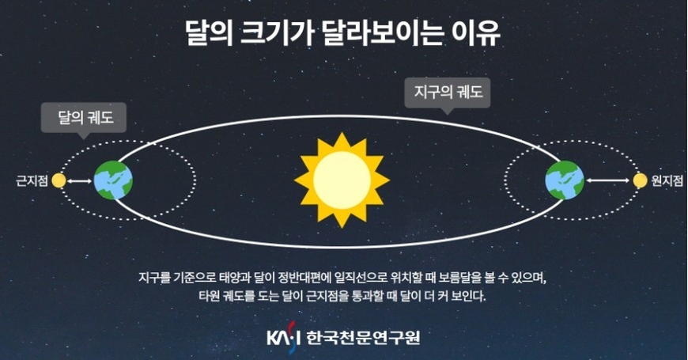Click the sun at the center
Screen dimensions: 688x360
(x=342, y=180)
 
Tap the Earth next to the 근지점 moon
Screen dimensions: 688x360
(x=113, y=180)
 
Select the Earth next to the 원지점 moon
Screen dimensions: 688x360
(x=565, y=180)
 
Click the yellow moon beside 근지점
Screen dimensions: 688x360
(x=59, y=180)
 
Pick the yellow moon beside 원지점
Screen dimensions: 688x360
(x=640, y=180)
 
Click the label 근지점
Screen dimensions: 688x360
(x=32, y=181)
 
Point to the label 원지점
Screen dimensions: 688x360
(x=667, y=180)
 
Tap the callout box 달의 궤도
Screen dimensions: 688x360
(x=84, y=118)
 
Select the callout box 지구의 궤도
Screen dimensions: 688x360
(x=447, y=93)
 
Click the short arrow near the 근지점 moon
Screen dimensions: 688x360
(x=79, y=181)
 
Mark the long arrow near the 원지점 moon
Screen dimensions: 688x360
(x=608, y=180)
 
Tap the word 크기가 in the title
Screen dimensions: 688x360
(x=277, y=33)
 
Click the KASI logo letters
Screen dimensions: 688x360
(x=283, y=338)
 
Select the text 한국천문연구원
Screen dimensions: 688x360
(x=363, y=338)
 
